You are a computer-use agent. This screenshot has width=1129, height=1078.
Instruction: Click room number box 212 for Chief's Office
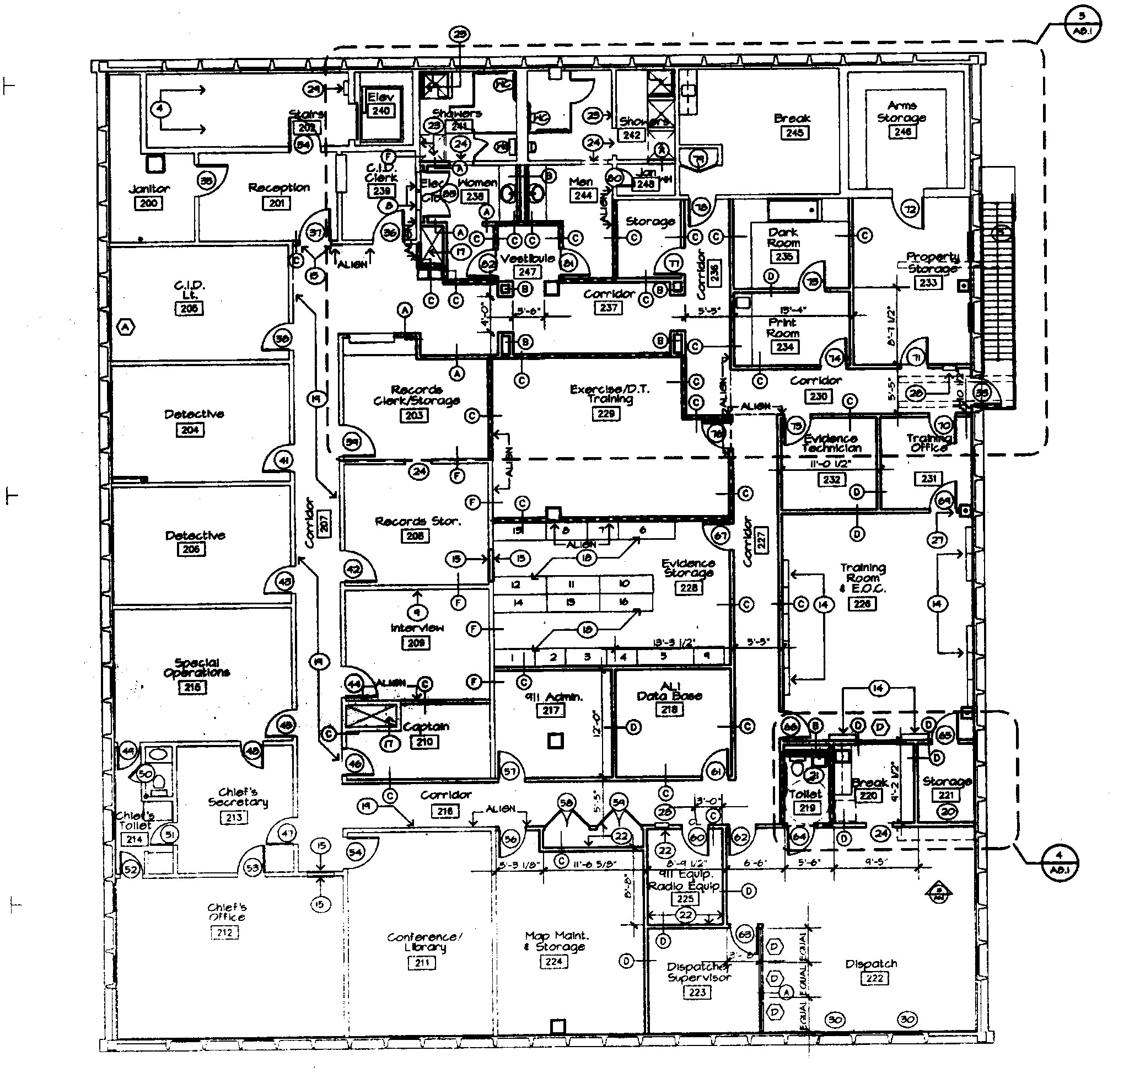tap(224, 932)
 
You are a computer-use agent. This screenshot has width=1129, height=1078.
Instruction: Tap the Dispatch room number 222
tap(874, 978)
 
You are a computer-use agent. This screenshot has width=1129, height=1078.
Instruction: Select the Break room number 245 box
tap(794, 133)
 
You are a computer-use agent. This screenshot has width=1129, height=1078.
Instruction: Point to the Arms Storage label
tap(901, 111)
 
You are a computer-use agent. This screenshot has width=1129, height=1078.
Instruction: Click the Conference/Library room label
tap(424, 941)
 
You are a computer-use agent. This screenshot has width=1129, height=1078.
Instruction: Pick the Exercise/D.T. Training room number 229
tap(606, 413)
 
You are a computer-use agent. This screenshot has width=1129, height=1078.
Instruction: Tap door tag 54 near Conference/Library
tap(356, 851)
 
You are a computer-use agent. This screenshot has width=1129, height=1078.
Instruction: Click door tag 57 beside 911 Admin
tap(510, 772)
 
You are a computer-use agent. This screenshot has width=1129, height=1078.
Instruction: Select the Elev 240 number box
tap(381, 110)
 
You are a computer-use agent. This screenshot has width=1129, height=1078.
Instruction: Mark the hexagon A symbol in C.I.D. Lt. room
tap(125, 328)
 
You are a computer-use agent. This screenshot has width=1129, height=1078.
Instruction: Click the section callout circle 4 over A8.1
tap(1060, 862)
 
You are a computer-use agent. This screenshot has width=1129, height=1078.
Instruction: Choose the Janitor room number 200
tap(148, 203)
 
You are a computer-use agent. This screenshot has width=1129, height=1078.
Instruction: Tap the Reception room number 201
tap(276, 203)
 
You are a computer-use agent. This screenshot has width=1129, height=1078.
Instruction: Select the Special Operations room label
tap(196, 667)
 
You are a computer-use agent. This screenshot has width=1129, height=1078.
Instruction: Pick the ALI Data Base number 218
tap(669, 710)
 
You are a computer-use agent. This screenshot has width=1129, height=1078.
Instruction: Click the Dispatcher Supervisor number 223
tap(697, 992)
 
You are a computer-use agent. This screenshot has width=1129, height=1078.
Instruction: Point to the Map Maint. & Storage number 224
tap(553, 961)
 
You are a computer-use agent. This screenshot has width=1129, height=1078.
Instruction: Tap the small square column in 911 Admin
tap(555, 741)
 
